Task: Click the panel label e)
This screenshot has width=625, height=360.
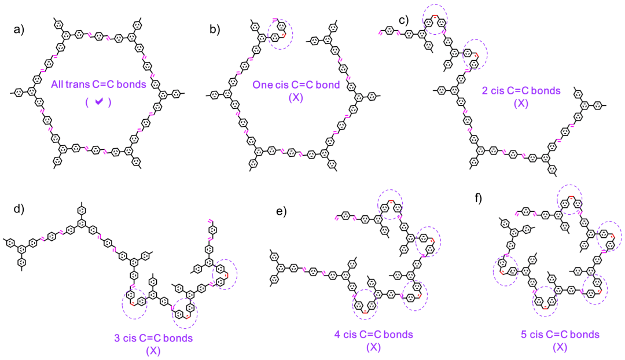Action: [x=282, y=212]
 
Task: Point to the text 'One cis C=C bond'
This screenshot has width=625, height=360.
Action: [x=288, y=85]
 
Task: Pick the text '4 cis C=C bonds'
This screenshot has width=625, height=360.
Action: [x=373, y=335]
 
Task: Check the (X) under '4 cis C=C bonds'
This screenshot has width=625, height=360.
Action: [x=373, y=347]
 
